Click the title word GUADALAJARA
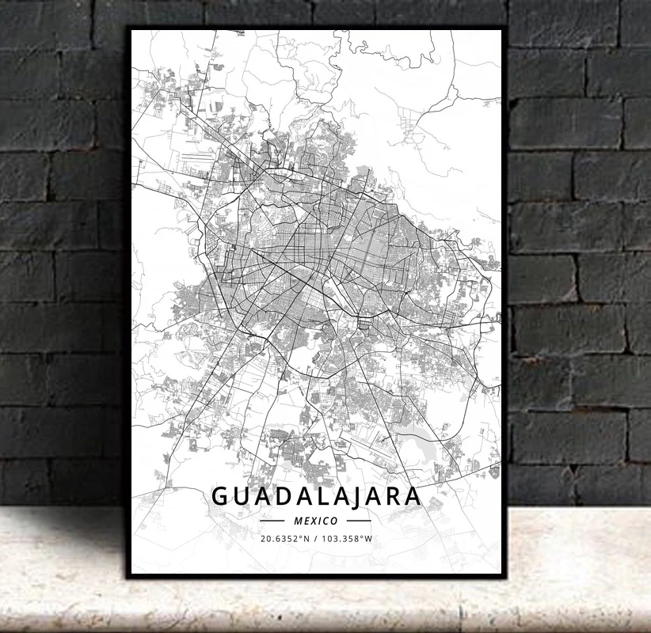pyautogui.click(x=316, y=496)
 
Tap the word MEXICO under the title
pyautogui.click(x=315, y=521)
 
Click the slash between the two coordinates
pyautogui.click(x=316, y=539)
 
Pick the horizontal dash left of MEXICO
pyautogui.click(x=272, y=521)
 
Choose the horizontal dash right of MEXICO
pyautogui.click(x=359, y=521)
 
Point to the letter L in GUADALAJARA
pyautogui.click(x=328, y=496)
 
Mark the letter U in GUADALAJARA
pyautogui.click(x=242, y=496)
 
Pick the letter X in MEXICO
pyautogui.click(x=310, y=521)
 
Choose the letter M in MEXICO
pyautogui.click(x=297, y=521)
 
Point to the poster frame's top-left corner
pyautogui.click(x=129, y=28)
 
